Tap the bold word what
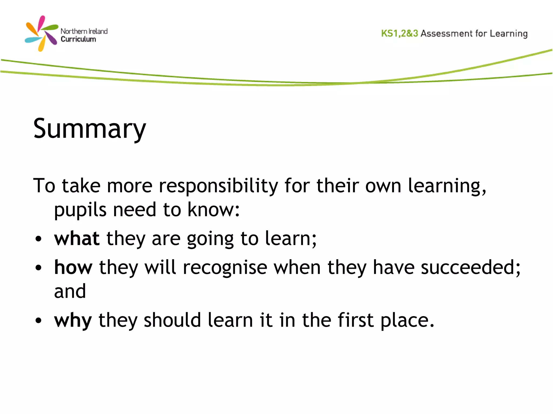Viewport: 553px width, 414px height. [x=77, y=239]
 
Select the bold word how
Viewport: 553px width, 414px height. [x=73, y=267]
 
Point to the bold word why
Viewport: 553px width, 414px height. [x=73, y=320]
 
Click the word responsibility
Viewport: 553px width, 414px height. [x=218, y=186]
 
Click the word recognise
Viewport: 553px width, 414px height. [x=225, y=267]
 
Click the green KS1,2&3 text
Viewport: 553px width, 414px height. [x=399, y=33]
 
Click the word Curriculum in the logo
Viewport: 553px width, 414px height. [x=78, y=39]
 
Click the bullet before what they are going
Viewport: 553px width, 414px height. [x=39, y=239]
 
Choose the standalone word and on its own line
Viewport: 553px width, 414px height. [x=70, y=291]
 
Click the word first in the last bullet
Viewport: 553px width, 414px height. [x=356, y=320]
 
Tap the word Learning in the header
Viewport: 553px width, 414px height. [x=509, y=34]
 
